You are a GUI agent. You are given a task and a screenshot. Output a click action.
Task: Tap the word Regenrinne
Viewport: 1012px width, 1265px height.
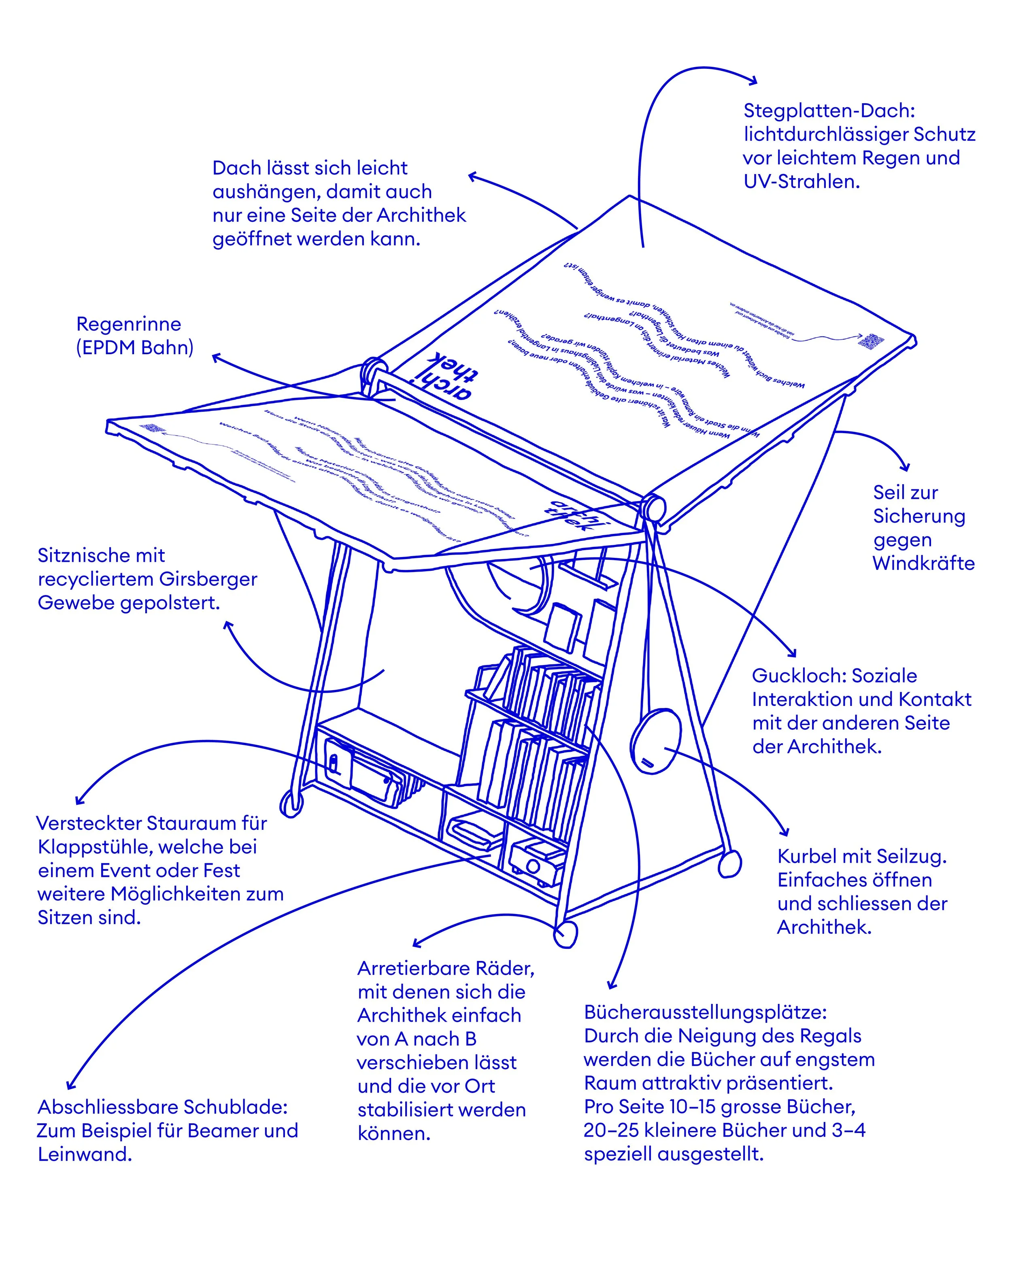pos(128,324)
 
